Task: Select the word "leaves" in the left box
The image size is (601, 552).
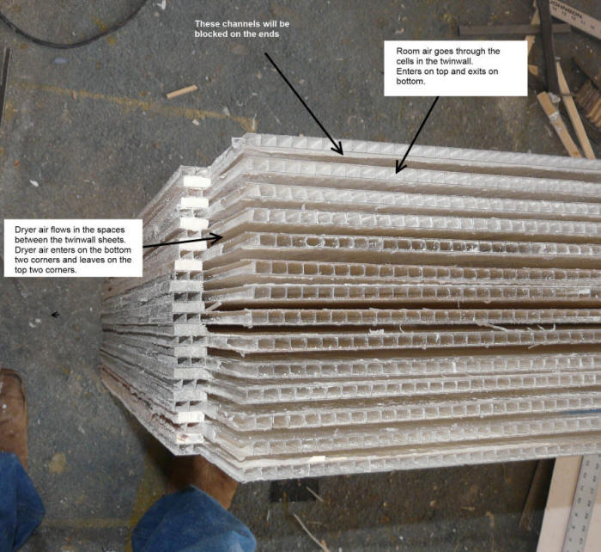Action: pyautogui.click(x=92, y=260)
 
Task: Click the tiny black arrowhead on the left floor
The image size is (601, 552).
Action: pyautogui.click(x=55, y=315)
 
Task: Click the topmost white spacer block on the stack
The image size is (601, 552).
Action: pyautogui.click(x=197, y=182)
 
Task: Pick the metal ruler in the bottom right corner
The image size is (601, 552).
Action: pyautogui.click(x=586, y=503)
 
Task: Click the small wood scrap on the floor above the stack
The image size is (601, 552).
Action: pyautogui.click(x=181, y=91)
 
